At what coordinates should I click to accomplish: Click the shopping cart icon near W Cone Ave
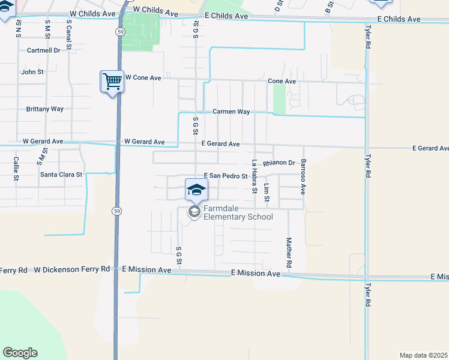click(112, 81)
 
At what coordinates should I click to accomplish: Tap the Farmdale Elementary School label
click(238, 212)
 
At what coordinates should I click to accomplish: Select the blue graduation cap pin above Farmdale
click(196, 190)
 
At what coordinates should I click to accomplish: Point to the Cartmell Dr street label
click(44, 50)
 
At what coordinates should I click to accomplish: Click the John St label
click(32, 72)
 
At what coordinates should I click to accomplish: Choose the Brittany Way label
click(45, 109)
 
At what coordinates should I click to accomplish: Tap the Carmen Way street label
click(231, 112)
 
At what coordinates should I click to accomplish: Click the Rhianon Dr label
click(279, 163)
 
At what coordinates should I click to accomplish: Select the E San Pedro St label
click(226, 176)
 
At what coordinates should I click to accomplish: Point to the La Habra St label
click(255, 176)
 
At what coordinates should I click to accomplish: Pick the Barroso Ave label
click(304, 176)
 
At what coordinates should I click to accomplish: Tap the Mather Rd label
click(289, 253)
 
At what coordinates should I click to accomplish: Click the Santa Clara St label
click(62, 175)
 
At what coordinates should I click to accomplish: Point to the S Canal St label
click(69, 34)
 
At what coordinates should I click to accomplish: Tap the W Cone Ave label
click(143, 78)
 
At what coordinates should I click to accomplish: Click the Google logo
click(20, 353)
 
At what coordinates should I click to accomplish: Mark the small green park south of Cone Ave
click(279, 98)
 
